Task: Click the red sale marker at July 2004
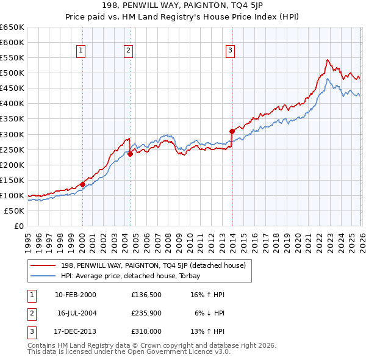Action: pyautogui.click(x=130, y=154)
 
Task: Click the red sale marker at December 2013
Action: pyautogui.click(x=232, y=131)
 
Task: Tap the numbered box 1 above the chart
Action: pyautogui.click(x=81, y=51)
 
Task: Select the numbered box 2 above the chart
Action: pyautogui.click(x=129, y=51)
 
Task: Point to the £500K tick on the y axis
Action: pyautogui.click(x=12, y=73)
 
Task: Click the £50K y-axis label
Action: pyautogui.click(x=14, y=211)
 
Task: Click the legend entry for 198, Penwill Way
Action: pyautogui.click(x=152, y=265)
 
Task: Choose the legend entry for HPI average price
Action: pyautogui.click(x=134, y=276)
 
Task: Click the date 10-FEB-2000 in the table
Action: pyautogui.click(x=75, y=295)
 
